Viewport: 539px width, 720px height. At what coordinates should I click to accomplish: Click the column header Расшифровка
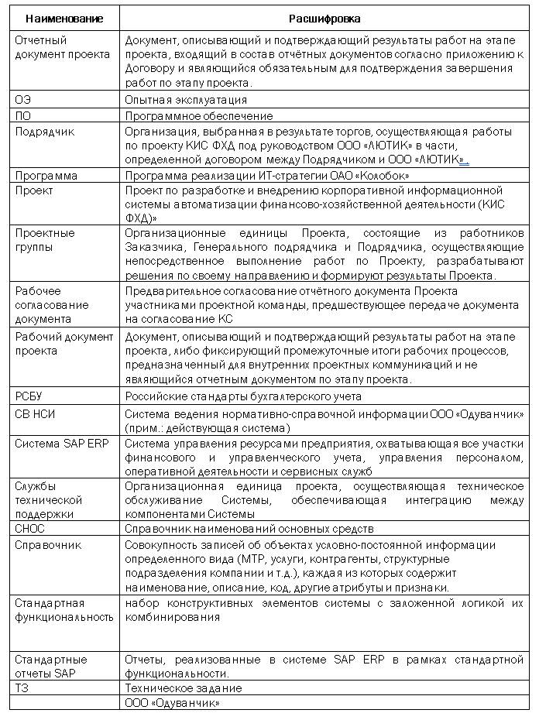(324, 17)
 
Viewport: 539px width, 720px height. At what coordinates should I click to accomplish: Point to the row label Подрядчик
(44, 131)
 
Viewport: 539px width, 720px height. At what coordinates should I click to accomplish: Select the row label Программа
(46, 176)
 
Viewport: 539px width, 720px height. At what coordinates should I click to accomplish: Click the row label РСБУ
(30, 396)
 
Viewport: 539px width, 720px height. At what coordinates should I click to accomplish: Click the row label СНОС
(30, 529)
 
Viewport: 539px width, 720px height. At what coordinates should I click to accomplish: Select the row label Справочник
(48, 545)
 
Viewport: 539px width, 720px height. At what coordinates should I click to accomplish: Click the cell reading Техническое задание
(184, 687)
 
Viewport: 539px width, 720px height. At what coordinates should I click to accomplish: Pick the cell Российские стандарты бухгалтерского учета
(243, 396)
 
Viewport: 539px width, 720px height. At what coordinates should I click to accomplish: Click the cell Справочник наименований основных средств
(249, 529)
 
